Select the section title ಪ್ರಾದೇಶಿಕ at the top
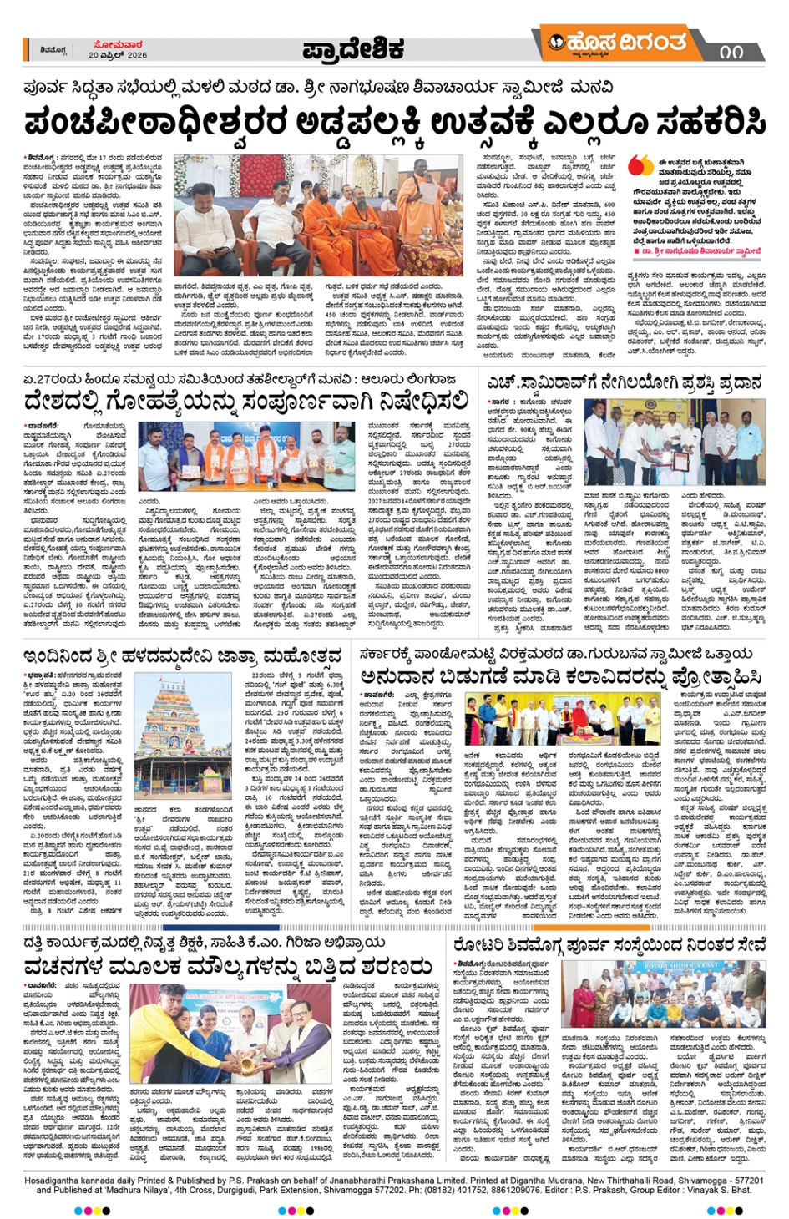[353, 49]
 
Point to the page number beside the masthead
[731, 51]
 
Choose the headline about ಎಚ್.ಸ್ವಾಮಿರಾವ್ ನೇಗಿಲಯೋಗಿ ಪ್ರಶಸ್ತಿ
[624, 382]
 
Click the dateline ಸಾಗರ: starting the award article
[500, 402]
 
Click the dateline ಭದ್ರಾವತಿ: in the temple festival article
[41, 675]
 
